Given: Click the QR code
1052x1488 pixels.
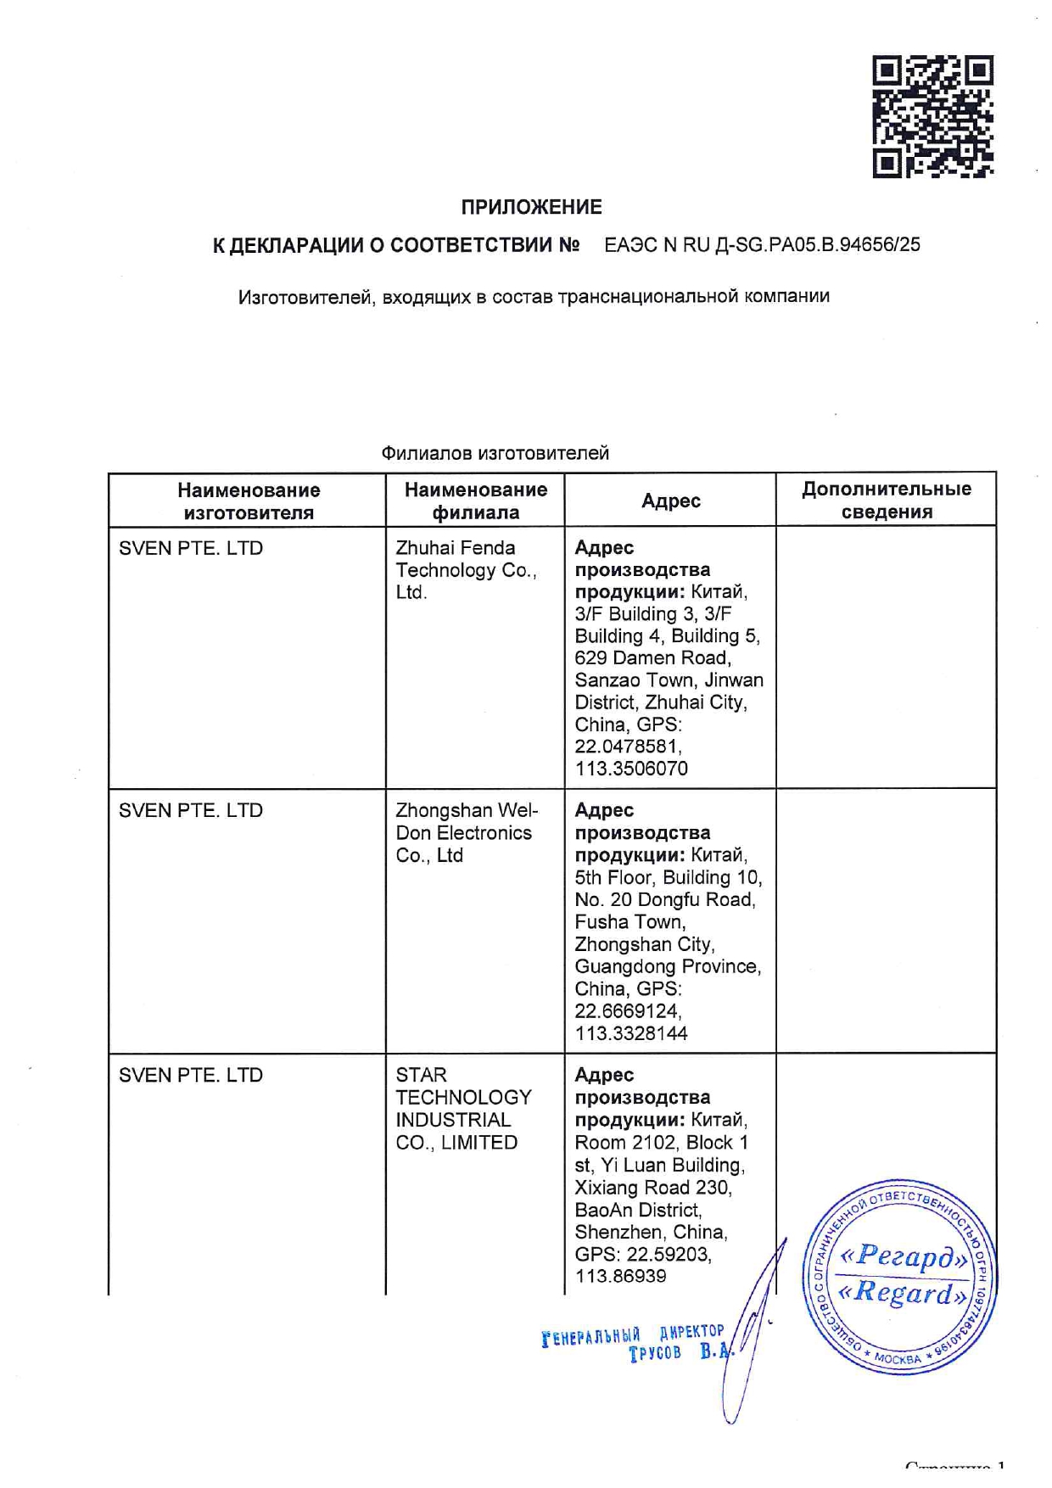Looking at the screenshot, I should point(932,116).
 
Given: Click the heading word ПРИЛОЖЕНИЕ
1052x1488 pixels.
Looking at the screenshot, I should point(531,207).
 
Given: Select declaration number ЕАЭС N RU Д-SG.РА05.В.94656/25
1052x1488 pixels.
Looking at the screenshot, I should point(761,245).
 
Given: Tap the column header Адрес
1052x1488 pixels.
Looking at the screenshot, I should point(670,501).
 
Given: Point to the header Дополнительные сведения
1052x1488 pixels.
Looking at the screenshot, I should point(886,500).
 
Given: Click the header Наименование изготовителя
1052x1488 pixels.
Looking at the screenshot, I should point(248,501).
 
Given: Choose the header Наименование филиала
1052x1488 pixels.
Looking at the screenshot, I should point(475,501).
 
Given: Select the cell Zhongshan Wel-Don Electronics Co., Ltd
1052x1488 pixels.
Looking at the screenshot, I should point(466,833).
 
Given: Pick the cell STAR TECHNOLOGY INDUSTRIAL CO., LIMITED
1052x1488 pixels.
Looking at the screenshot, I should point(462,1109).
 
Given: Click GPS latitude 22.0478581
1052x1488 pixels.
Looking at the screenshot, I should point(627,747).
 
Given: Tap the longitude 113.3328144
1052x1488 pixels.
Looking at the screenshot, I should point(630,1033).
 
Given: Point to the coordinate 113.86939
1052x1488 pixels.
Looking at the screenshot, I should point(620,1276).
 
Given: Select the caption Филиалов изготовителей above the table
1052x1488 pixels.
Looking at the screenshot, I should point(495,453).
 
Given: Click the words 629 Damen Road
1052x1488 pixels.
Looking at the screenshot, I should point(652,658).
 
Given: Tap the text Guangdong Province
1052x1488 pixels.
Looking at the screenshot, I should point(667,967).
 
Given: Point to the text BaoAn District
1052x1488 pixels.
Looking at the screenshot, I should point(637,1210).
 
